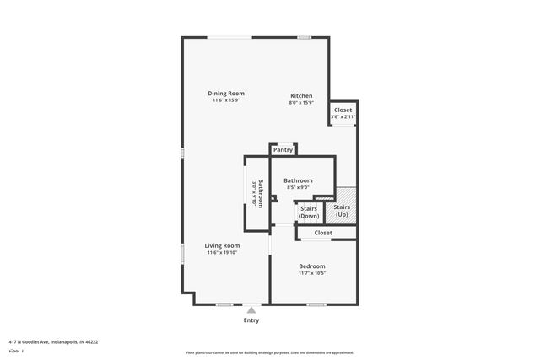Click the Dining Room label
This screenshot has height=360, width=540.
click(x=226, y=93)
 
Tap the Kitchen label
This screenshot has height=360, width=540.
click(x=301, y=95)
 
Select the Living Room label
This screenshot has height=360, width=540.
click(x=222, y=245)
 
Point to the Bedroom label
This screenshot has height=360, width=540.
click(x=311, y=266)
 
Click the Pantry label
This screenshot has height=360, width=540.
click(x=283, y=149)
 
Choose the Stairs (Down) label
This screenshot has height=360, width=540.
click(x=309, y=212)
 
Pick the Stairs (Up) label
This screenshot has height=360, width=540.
click(x=342, y=211)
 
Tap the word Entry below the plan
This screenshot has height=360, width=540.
click(x=251, y=320)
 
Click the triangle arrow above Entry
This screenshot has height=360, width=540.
click(x=251, y=310)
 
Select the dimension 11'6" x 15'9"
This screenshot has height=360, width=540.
click(x=226, y=100)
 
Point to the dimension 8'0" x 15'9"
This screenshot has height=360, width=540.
click(x=301, y=103)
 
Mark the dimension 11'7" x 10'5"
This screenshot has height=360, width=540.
click(x=311, y=273)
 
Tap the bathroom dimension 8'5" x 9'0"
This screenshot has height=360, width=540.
click(x=298, y=188)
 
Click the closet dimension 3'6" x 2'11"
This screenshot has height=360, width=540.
click(x=343, y=116)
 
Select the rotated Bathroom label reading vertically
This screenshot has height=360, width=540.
click(x=261, y=193)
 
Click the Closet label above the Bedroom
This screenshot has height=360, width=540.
click(x=323, y=233)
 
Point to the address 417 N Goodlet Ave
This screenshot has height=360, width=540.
click(x=53, y=342)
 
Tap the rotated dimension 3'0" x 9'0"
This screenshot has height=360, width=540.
click(x=253, y=193)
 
